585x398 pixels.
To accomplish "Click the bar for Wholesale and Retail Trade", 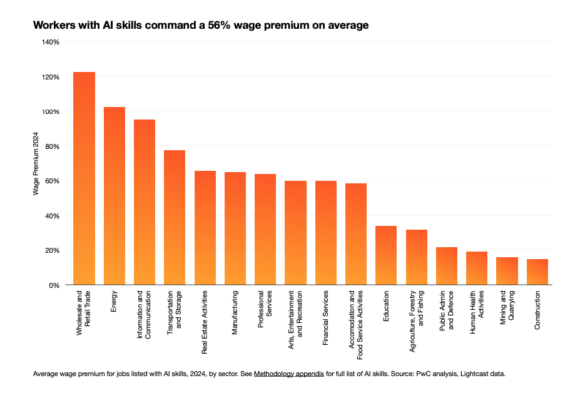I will coord(84,178).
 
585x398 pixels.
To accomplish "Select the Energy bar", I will coord(114,196).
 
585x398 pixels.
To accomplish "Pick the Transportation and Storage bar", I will coord(175,217).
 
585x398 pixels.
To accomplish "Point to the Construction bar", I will coord(537,272).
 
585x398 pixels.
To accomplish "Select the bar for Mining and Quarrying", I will coord(507,271).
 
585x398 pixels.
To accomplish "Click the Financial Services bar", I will coord(326,233).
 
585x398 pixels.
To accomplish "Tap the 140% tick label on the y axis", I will coord(51,42).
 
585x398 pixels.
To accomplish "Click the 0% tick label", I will coord(54,285).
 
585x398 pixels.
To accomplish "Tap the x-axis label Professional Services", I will coord(265,310).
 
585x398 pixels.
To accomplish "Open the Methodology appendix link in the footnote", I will coord(288,374).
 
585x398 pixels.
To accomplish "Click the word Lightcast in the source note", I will coord(476,374).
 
